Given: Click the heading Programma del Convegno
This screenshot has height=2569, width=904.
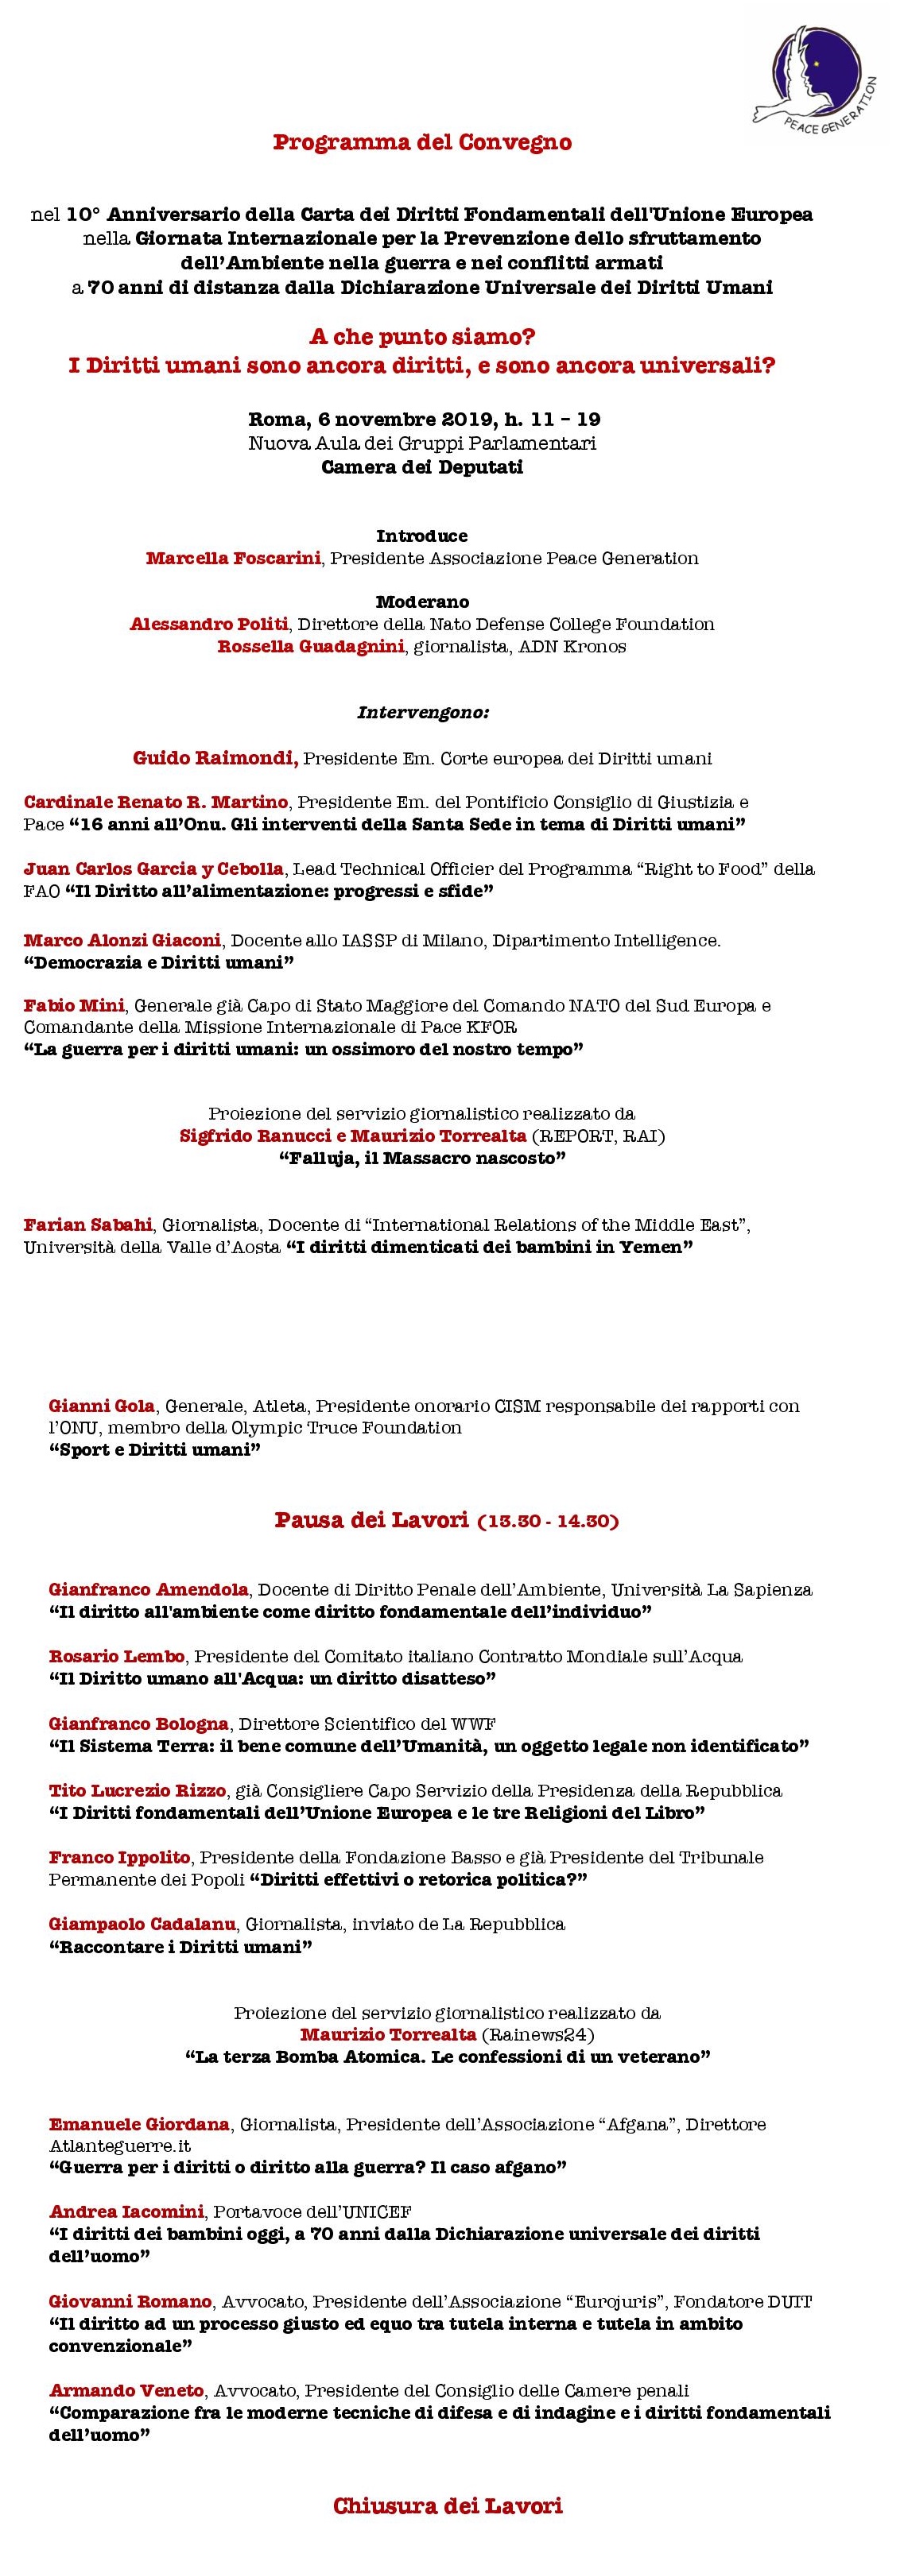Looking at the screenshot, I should (x=422, y=142).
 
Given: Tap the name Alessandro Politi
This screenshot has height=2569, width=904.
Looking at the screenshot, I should (x=208, y=625).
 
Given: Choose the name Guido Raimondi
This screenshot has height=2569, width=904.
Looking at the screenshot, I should (x=215, y=759).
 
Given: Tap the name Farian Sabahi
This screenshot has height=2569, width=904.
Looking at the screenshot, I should (x=87, y=1225).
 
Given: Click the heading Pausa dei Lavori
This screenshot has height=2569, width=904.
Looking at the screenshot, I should (x=371, y=1521).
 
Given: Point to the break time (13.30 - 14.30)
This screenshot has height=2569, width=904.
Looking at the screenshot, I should (x=548, y=1522).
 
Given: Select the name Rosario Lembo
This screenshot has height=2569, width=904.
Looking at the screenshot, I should (x=117, y=1657).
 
